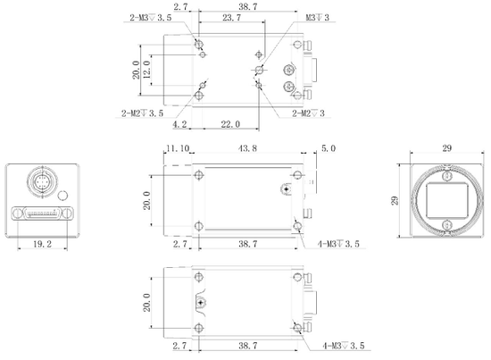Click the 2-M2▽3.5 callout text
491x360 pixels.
pyautogui.click(x=142, y=113)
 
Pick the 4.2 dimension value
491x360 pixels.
pyautogui.click(x=179, y=124)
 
